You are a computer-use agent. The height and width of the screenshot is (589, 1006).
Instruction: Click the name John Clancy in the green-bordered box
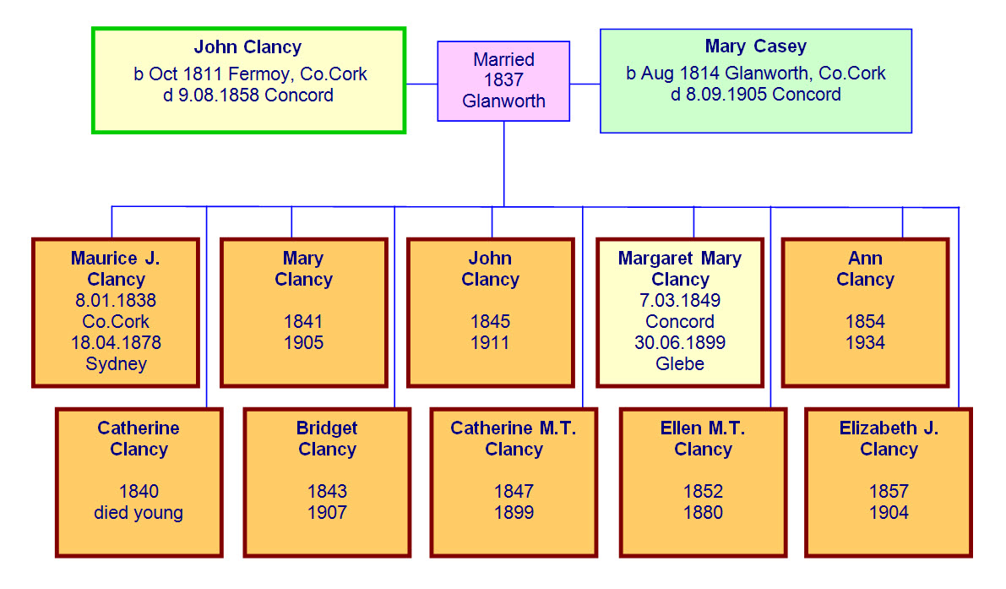pyautogui.click(x=247, y=47)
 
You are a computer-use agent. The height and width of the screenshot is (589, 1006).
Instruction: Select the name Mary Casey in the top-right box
pyautogui.click(x=755, y=46)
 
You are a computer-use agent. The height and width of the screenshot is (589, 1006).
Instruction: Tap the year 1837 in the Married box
pyautogui.click(x=503, y=80)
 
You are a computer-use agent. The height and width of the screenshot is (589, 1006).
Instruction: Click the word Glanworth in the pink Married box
pyautogui.click(x=503, y=101)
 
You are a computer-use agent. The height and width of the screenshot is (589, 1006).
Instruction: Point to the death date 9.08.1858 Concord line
pyautogui.click(x=248, y=95)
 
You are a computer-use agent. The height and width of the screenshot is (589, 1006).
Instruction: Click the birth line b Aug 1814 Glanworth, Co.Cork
pyautogui.click(x=755, y=74)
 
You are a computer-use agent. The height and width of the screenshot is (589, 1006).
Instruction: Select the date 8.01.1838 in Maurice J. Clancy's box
pyautogui.click(x=115, y=301)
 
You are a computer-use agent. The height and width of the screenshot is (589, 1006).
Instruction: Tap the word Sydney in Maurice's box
pyautogui.click(x=116, y=364)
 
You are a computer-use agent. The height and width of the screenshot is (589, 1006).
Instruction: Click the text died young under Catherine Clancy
pyautogui.click(x=139, y=513)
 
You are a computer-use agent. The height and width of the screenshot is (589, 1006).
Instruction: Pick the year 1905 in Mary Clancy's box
pyautogui.click(x=303, y=343)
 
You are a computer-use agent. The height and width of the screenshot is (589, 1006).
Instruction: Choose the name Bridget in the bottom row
pyautogui.click(x=326, y=428)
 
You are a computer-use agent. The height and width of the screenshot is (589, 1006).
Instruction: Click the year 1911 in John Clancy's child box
pyautogui.click(x=490, y=343)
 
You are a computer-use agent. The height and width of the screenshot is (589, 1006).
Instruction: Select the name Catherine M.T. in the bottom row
pyautogui.click(x=513, y=428)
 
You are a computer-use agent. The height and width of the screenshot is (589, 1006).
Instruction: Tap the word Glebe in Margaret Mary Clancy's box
pyautogui.click(x=679, y=364)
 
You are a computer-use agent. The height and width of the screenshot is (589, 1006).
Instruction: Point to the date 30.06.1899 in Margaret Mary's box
pyautogui.click(x=679, y=343)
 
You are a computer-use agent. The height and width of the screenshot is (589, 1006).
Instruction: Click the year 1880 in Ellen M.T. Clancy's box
pyautogui.click(x=703, y=513)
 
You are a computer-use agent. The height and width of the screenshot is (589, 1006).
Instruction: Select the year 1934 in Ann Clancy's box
pyautogui.click(x=865, y=343)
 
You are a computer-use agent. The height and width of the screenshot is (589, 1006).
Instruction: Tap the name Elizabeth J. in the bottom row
pyautogui.click(x=889, y=428)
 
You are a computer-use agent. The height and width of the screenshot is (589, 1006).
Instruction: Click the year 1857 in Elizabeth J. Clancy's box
pyautogui.click(x=889, y=492)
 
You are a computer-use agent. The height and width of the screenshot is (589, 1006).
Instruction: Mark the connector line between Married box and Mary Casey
pyautogui.click(x=585, y=84)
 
